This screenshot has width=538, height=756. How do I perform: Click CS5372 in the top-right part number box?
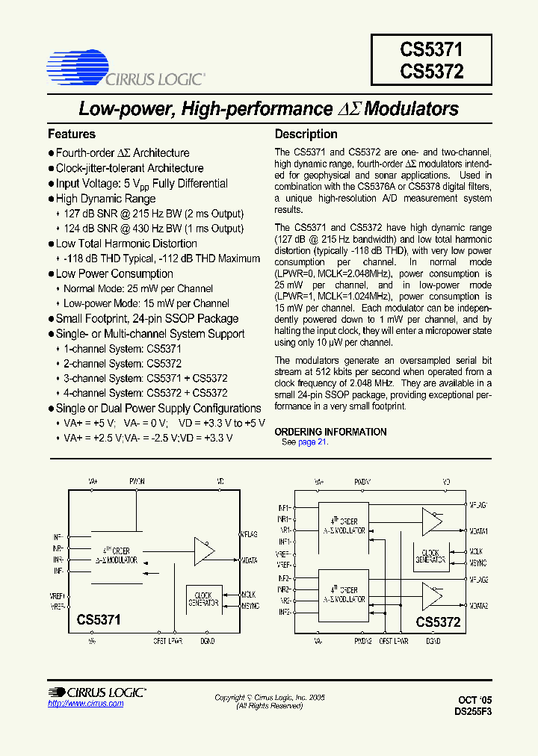(x=431, y=72)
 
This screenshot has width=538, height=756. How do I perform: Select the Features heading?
(x=72, y=134)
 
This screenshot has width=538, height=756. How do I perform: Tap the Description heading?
(x=306, y=134)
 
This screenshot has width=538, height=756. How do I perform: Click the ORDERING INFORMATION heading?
(x=330, y=432)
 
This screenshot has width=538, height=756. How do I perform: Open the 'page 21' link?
(x=312, y=442)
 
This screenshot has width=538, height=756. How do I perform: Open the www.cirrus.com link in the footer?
(x=85, y=704)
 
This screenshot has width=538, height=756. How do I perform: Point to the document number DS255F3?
(x=473, y=712)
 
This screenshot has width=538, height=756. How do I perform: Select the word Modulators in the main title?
(x=412, y=109)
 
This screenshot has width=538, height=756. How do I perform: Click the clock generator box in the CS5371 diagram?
(x=202, y=598)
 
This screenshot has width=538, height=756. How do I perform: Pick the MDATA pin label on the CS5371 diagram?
(x=249, y=560)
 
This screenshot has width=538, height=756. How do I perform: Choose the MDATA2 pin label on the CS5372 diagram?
(x=478, y=606)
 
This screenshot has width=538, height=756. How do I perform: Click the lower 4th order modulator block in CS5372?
(x=343, y=594)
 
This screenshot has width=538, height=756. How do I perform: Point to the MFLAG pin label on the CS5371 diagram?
(x=249, y=534)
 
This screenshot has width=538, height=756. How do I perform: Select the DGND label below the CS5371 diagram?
(x=207, y=641)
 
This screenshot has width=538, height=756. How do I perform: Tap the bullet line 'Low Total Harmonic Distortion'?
(x=126, y=244)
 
